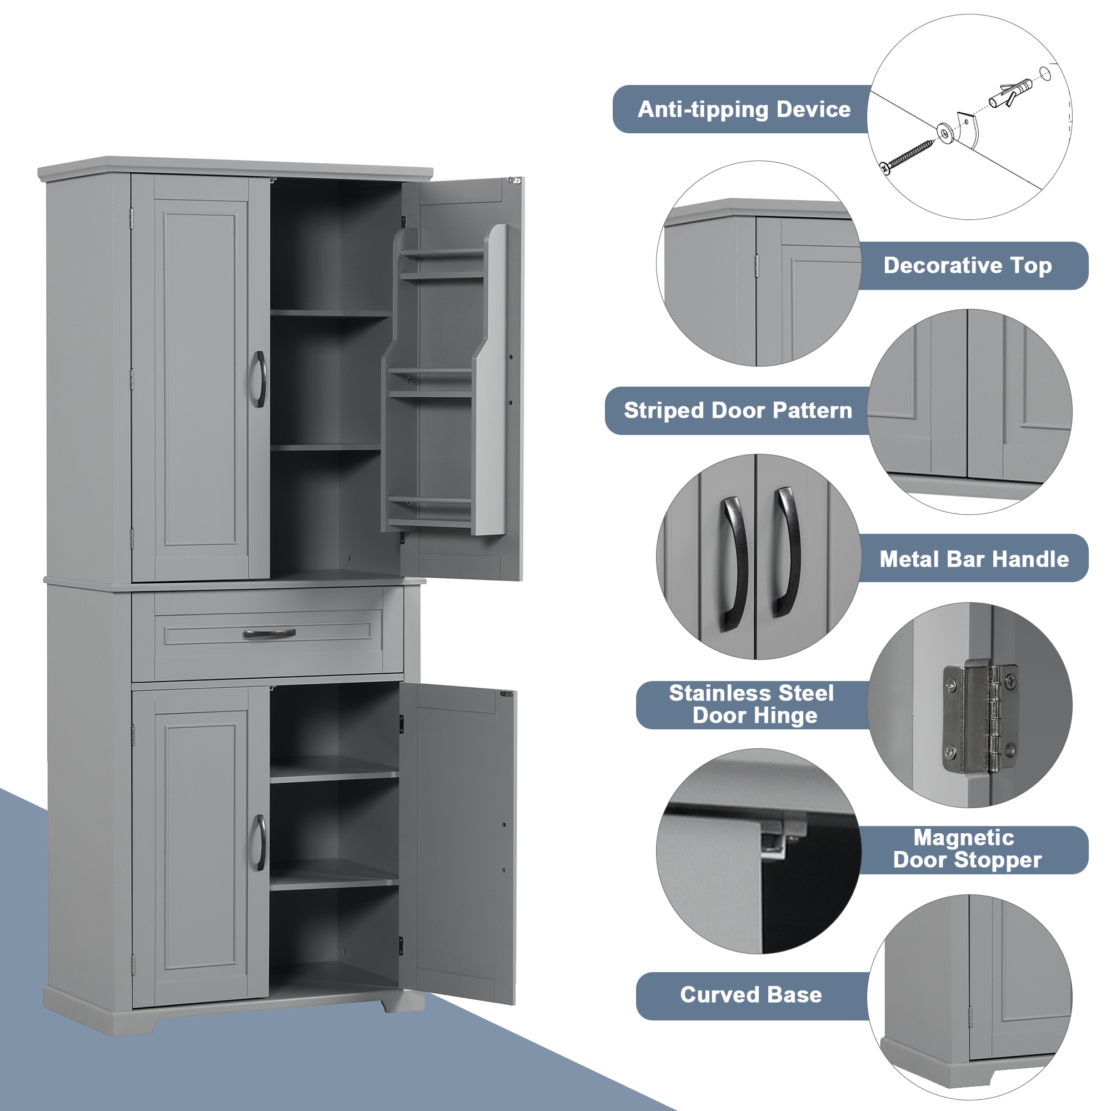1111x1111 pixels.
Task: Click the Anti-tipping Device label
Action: [744, 109]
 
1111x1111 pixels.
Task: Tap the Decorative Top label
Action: [967, 266]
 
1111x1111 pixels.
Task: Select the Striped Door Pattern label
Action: [738, 411]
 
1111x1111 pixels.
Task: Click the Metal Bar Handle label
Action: [974, 559]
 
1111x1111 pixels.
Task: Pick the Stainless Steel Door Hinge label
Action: [751, 704]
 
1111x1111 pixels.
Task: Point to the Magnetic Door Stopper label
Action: [967, 849]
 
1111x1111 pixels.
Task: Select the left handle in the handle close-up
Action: [734, 563]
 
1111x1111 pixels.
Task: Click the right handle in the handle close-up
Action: [787, 552]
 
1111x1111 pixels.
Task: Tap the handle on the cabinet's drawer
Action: [269, 634]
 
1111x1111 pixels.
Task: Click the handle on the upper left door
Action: [260, 379]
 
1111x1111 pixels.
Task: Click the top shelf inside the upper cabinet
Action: [329, 313]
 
